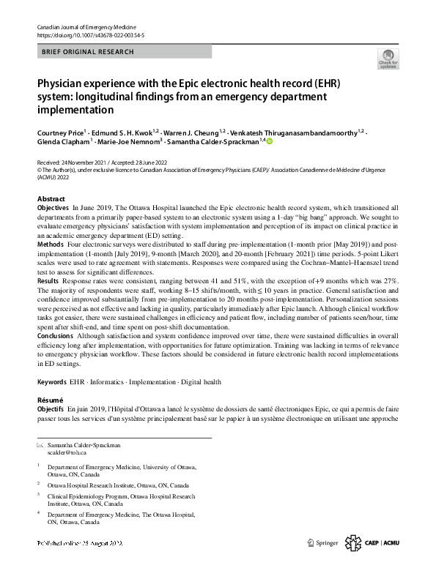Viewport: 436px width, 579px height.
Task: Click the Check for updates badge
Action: coord(387,58)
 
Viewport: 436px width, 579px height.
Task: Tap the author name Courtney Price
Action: coord(61,132)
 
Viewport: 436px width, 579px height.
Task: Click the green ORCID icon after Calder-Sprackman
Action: coord(269,143)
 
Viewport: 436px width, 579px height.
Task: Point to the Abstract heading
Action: coord(51,199)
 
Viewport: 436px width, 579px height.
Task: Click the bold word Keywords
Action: coord(52,382)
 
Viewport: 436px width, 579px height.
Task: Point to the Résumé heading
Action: coord(51,400)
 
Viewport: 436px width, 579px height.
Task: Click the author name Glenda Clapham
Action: coord(63,143)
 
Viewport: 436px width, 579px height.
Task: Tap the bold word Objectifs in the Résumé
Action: coord(51,409)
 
